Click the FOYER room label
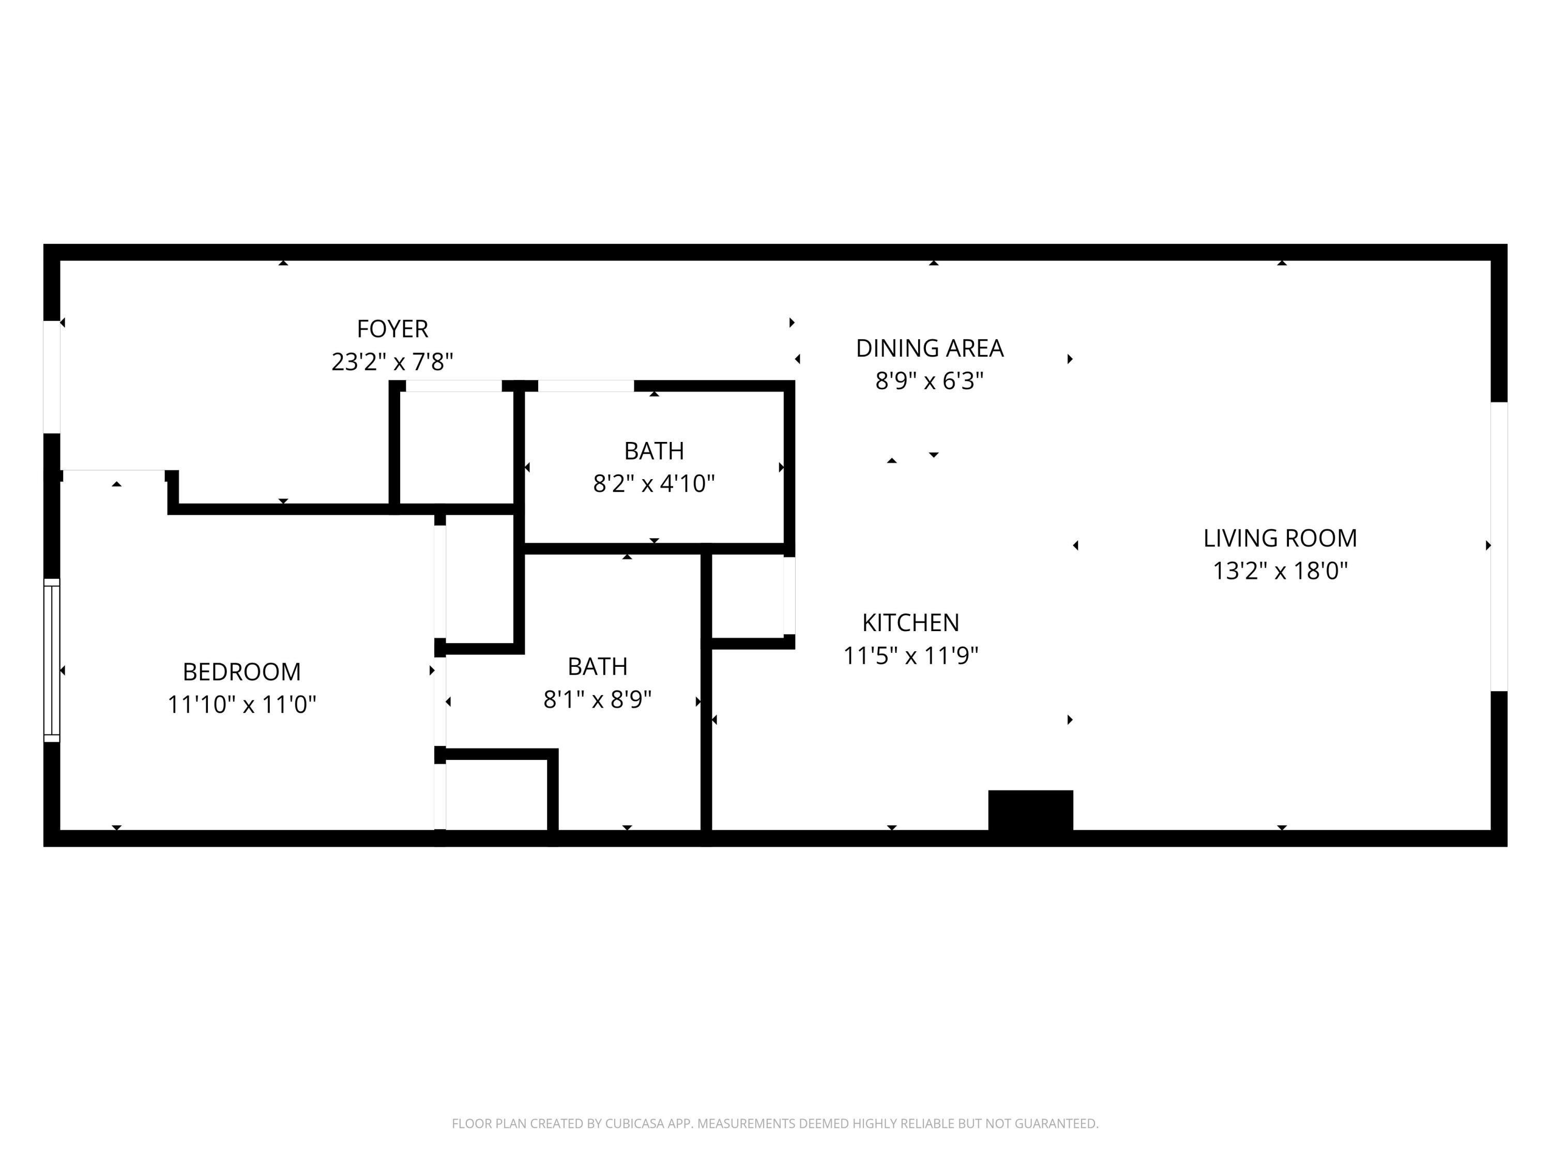click(392, 329)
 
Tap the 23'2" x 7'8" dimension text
click(392, 362)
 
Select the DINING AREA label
click(929, 348)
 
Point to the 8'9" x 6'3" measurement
click(929, 380)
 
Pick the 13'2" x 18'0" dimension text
click(1280, 571)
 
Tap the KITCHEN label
click(910, 622)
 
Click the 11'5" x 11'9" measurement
click(910, 655)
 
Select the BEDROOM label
click(241, 671)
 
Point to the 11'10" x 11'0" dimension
click(241, 704)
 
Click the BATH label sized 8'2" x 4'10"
click(653, 451)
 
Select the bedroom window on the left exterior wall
click(52, 660)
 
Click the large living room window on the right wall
click(1498, 547)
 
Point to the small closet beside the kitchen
click(748, 596)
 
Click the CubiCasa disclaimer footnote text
click(775, 1123)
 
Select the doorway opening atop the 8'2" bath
click(585, 386)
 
